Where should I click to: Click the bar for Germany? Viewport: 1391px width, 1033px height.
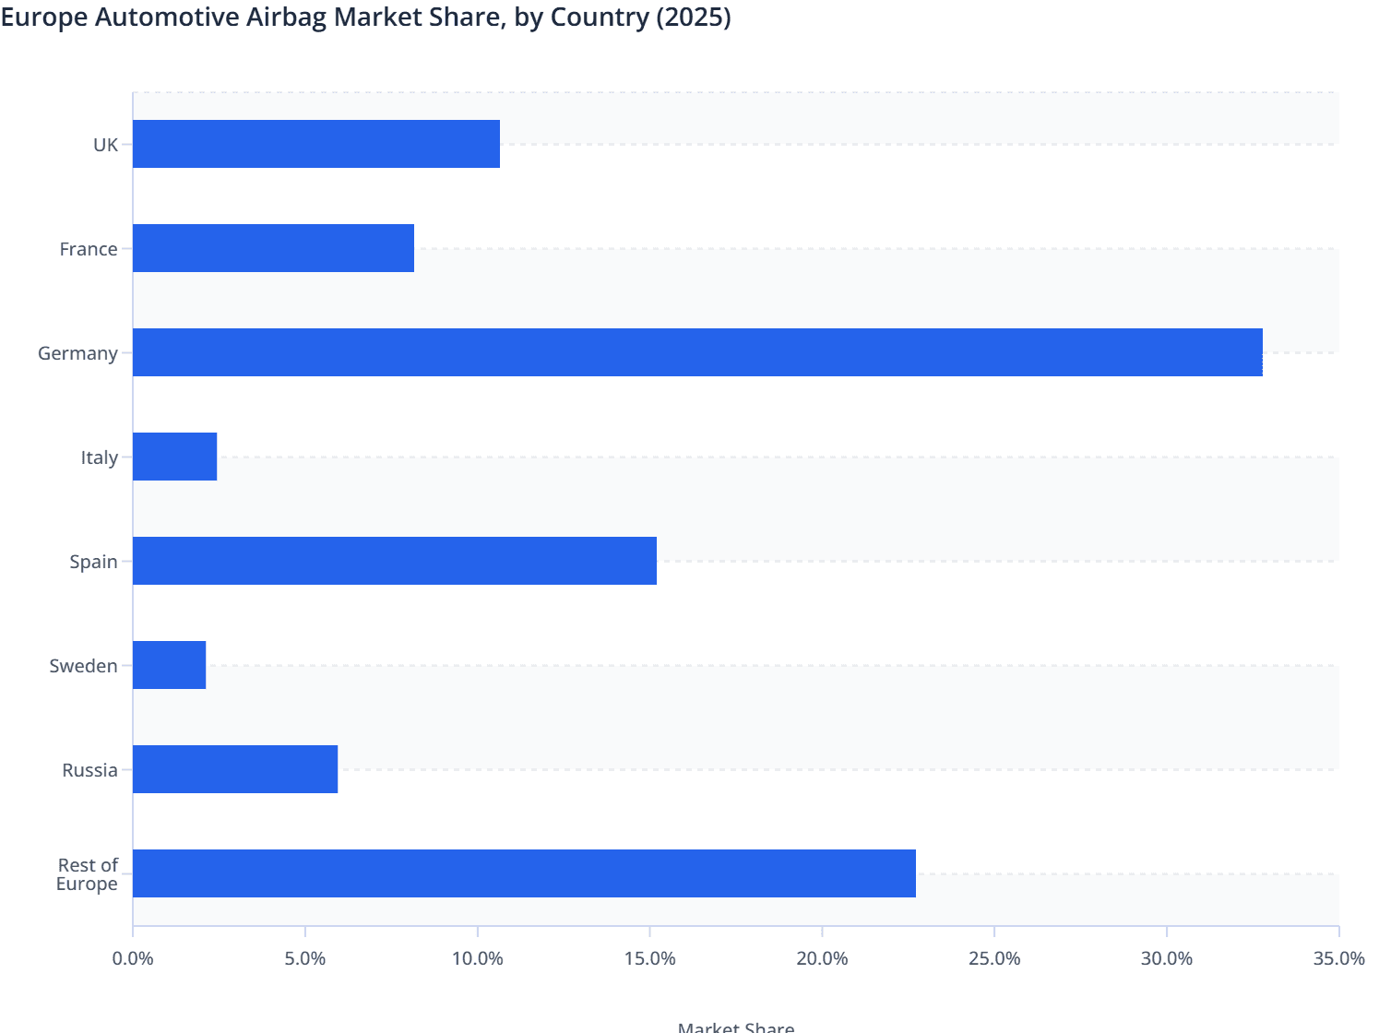[x=697, y=352]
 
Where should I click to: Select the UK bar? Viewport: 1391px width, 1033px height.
[x=316, y=144]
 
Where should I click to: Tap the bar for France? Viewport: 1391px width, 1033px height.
[x=273, y=248]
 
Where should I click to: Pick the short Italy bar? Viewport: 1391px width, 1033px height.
[x=175, y=457]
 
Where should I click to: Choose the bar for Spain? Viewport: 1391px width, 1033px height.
[x=395, y=561]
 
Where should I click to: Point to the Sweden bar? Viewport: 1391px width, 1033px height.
[x=170, y=665]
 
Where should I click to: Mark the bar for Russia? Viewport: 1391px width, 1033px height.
[x=235, y=769]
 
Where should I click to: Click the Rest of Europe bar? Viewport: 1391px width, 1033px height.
[x=524, y=873]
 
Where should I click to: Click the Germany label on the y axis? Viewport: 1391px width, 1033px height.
[x=77, y=353]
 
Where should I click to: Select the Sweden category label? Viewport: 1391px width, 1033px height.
[x=83, y=666]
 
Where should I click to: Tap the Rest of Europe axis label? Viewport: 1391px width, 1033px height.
[x=87, y=874]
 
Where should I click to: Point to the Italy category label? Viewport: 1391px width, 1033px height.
[x=99, y=457]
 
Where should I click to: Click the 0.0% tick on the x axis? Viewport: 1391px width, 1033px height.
[x=133, y=958]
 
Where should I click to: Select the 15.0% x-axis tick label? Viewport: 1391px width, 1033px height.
[x=649, y=958]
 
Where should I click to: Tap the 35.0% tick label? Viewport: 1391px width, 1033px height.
[x=1338, y=958]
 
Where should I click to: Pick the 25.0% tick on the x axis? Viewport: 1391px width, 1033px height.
[x=994, y=958]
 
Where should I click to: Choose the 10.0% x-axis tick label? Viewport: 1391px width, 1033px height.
[x=477, y=958]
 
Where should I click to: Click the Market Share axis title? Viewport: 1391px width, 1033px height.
[x=735, y=1027]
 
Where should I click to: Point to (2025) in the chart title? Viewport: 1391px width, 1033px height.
[x=693, y=18]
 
